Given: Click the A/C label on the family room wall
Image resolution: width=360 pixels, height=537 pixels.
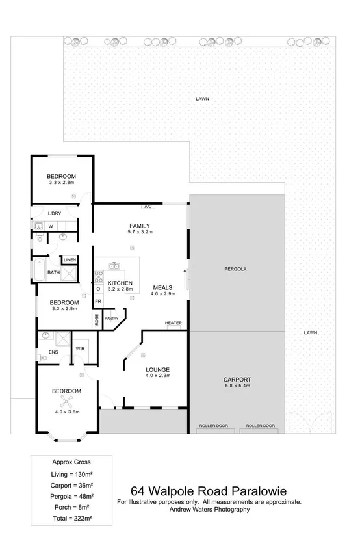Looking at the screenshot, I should pyautogui.click(x=148, y=207).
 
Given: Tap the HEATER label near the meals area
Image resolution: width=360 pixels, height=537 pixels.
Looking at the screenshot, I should pyautogui.click(x=173, y=323).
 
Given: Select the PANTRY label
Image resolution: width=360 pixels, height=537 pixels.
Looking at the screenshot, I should pyautogui.click(x=112, y=319).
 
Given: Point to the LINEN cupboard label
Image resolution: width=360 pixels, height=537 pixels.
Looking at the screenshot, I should pyautogui.click(x=70, y=260).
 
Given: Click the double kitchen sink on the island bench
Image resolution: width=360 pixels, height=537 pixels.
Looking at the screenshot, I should pyautogui.click(x=115, y=266).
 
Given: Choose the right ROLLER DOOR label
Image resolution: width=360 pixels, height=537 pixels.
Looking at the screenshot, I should pyautogui.click(x=261, y=426).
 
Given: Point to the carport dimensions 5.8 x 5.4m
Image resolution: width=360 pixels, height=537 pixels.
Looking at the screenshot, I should pyautogui.click(x=237, y=386).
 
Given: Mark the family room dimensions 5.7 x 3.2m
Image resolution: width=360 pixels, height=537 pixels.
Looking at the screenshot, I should pyautogui.click(x=140, y=231).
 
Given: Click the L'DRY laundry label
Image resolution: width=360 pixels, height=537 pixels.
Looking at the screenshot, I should pyautogui.click(x=55, y=213).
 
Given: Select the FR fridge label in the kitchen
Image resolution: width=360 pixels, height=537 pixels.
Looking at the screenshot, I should pyautogui.click(x=99, y=302).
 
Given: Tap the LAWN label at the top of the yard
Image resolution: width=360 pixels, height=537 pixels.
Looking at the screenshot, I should pyautogui.click(x=202, y=99).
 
